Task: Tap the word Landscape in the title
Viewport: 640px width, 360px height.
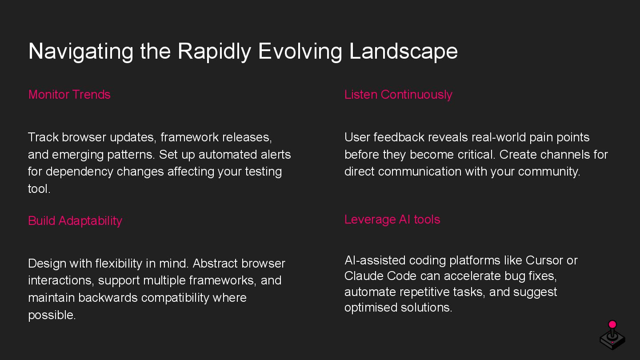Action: pyautogui.click(x=403, y=51)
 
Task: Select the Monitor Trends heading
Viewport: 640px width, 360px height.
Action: pyautogui.click(x=69, y=95)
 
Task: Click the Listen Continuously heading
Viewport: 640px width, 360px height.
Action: pyautogui.click(x=398, y=95)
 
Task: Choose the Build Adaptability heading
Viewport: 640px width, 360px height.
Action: pyautogui.click(x=75, y=221)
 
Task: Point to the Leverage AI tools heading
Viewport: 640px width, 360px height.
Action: pyautogui.click(x=392, y=220)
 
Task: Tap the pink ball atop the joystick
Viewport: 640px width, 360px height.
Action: pyautogui.click(x=612, y=324)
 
